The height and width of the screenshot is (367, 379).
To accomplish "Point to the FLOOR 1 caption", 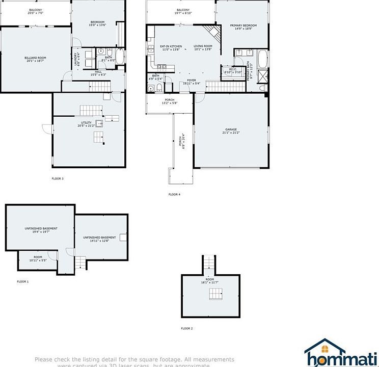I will (23, 281).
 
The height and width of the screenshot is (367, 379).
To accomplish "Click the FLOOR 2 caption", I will (187, 329).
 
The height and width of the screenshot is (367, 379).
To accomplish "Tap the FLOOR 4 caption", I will (174, 194).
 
